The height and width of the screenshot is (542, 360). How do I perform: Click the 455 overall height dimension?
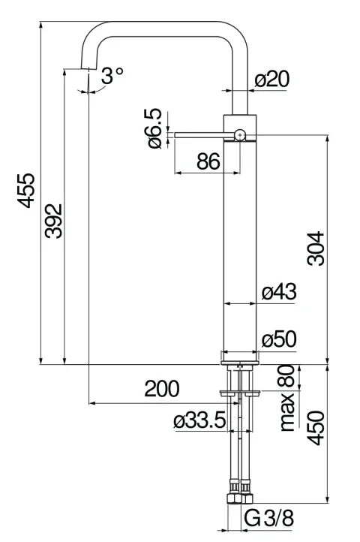(x=26, y=191)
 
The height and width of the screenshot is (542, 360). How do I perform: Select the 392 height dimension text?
(x=53, y=221)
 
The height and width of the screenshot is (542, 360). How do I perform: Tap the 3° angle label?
(x=112, y=75)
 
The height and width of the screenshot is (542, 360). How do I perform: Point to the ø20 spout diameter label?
(x=272, y=79)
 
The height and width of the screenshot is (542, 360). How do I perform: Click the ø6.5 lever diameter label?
(x=154, y=128)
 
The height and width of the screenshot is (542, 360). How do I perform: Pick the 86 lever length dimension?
(x=208, y=161)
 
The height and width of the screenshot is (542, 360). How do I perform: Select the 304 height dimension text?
(x=316, y=248)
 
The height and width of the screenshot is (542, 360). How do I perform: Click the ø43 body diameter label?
(x=279, y=292)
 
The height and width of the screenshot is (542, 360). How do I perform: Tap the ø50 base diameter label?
(x=279, y=339)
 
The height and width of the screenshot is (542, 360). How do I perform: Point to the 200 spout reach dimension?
(x=162, y=389)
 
